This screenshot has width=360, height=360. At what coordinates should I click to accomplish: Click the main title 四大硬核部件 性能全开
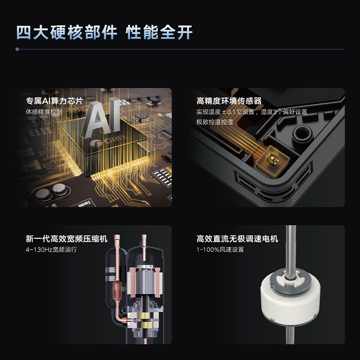click(x=104, y=32)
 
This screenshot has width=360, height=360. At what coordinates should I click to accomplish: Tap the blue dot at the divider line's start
click(x=17, y=49)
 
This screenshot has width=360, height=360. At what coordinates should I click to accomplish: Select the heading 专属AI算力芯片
click(x=54, y=101)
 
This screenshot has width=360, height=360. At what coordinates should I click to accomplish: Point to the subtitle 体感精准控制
click(x=44, y=112)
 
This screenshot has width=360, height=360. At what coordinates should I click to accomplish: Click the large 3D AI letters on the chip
click(x=101, y=117)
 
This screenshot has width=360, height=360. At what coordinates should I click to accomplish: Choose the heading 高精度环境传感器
click(x=229, y=101)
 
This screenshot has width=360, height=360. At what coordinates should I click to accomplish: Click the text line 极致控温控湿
click(x=215, y=122)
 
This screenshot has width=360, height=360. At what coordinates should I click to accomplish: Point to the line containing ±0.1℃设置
click(x=252, y=112)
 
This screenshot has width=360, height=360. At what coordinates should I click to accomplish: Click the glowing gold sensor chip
click(x=272, y=159)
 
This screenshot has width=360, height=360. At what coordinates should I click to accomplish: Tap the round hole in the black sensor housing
click(x=302, y=133)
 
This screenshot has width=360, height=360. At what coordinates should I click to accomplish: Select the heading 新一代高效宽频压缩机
click(x=67, y=239)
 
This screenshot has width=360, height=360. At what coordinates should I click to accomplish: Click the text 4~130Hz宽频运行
click(x=51, y=250)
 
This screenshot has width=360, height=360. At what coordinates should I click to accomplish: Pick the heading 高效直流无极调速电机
click(x=237, y=239)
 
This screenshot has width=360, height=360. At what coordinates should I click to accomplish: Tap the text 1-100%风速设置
click(x=220, y=250)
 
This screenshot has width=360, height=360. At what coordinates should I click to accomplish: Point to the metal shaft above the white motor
click(x=291, y=248)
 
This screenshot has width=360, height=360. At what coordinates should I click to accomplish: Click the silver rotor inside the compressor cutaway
click(x=145, y=280)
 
